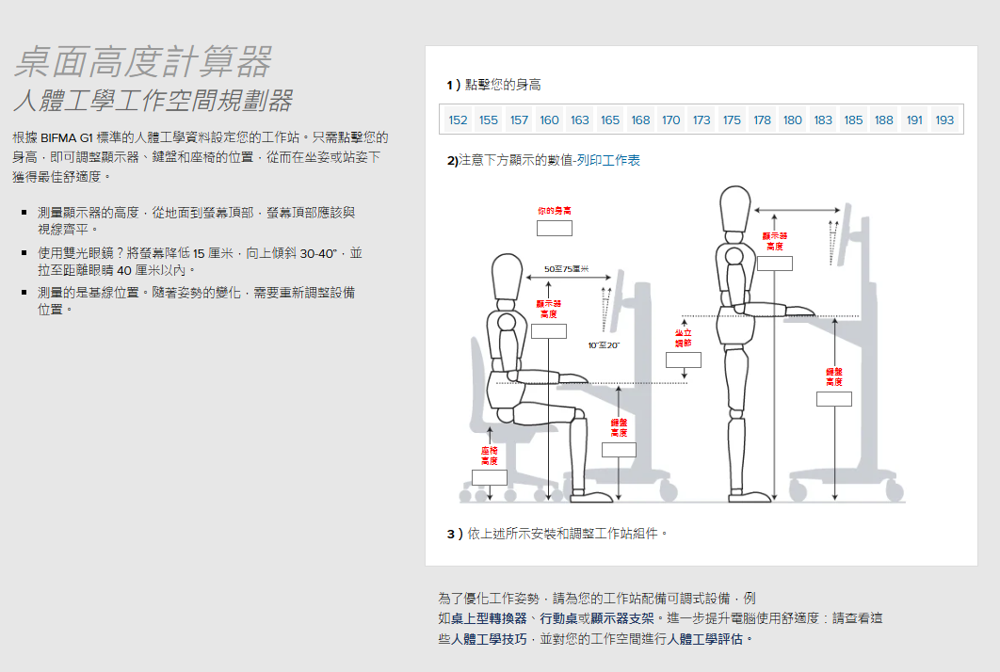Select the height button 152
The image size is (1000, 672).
pyautogui.click(x=459, y=120)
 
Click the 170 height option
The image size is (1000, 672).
pyautogui.click(x=670, y=120)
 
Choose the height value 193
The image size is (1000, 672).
pyautogui.click(x=944, y=120)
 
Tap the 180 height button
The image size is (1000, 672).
pyautogui.click(x=793, y=120)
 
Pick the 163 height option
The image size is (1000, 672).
pyautogui.click(x=580, y=120)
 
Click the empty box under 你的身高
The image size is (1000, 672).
pyautogui.click(x=555, y=228)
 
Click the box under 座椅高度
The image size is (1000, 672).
pyautogui.click(x=490, y=476)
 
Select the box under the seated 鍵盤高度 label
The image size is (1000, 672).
pyautogui.click(x=619, y=449)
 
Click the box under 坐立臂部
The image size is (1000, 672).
pyautogui.click(x=684, y=360)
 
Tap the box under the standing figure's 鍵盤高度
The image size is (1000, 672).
pyautogui.click(x=834, y=399)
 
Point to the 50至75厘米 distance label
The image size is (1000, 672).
pyautogui.click(x=567, y=270)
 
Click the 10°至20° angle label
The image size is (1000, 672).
pyautogui.click(x=604, y=345)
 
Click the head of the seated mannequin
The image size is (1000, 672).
pyautogui.click(x=507, y=279)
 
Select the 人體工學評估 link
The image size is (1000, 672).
pyautogui.click(x=711, y=639)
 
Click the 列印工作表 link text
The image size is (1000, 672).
pyautogui.click(x=608, y=161)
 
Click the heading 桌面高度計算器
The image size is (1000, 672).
pyautogui.click(x=143, y=62)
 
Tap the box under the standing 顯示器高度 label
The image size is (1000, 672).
pyautogui.click(x=775, y=263)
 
